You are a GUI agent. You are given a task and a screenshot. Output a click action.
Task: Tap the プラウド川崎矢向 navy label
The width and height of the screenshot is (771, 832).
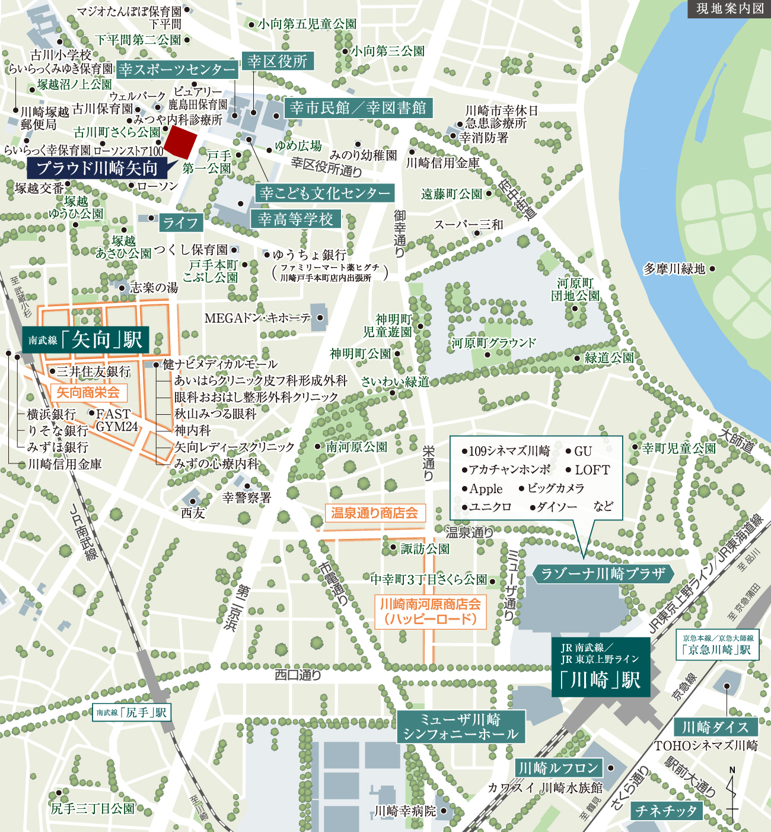point(97,169)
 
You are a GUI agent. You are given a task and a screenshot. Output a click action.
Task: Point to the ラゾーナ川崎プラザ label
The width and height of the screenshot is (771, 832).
point(603,574)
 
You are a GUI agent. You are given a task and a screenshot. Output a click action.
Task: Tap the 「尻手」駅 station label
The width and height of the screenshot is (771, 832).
point(132,712)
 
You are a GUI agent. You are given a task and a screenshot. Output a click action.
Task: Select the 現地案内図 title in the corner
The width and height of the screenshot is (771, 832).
point(729,9)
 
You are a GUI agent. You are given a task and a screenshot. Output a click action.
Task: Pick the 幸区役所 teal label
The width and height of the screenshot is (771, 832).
point(278,61)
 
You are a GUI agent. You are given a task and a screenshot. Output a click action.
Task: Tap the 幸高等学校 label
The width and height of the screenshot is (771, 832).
point(296,220)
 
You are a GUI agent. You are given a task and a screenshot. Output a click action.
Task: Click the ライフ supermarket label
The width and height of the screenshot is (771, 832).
point(180,223)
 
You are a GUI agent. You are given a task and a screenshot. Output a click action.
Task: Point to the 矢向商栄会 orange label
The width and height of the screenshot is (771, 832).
point(88,392)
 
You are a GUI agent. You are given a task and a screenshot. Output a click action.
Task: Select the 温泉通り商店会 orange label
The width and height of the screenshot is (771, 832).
point(375,513)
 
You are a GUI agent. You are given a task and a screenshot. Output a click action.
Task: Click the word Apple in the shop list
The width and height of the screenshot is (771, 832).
point(486,489)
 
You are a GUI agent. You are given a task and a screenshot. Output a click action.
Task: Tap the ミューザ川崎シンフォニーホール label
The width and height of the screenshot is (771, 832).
point(460,727)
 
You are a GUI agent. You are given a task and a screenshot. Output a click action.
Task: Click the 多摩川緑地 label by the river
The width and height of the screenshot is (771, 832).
point(674,269)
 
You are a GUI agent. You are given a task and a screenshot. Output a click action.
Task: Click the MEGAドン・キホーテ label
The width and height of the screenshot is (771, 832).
point(257,319)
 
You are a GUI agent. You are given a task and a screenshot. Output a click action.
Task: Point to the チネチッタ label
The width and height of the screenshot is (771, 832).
point(666,811)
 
